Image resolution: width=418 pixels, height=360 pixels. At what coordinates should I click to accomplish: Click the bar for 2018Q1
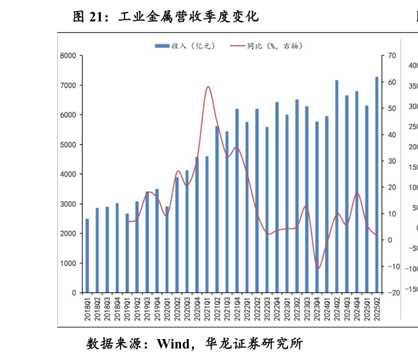87,256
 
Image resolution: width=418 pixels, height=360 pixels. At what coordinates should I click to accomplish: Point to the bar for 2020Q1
167,249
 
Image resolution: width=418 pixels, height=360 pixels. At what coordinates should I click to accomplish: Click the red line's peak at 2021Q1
207,87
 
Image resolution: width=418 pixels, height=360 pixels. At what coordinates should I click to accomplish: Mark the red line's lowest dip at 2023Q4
317,268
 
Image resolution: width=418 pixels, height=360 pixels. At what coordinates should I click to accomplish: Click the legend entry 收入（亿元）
186,46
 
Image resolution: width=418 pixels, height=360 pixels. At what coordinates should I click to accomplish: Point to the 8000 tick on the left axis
68,56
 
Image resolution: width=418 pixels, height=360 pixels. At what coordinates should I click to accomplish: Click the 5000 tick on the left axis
68,145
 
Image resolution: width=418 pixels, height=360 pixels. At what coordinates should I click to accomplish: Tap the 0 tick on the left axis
73,293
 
